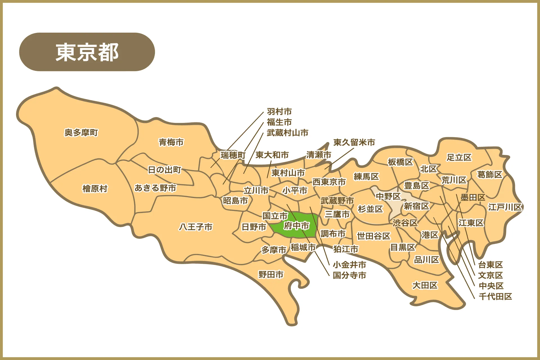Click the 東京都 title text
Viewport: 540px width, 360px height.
point(87,52)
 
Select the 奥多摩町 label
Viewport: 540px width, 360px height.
point(81,132)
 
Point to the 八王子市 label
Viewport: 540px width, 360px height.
point(196,227)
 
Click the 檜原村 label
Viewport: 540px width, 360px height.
point(95,188)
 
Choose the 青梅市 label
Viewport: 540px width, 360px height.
point(171,142)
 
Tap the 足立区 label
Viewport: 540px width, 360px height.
point(459,157)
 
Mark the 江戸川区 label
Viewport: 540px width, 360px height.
point(505,207)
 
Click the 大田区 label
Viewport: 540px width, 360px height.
point(425,285)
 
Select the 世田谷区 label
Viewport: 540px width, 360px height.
point(373,236)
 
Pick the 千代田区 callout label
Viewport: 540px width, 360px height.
point(495,296)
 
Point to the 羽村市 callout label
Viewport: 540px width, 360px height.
point(279,112)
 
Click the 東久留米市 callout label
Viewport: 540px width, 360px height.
point(354,142)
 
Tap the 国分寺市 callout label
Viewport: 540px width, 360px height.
point(349,275)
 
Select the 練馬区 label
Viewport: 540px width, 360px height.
point(366,176)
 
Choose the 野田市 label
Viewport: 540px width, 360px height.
point(271,274)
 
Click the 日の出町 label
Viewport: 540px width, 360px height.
point(165,170)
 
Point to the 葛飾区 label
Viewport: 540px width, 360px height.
point(489,174)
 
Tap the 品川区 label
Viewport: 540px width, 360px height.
point(426,260)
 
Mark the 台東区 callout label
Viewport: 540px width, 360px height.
point(490,265)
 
